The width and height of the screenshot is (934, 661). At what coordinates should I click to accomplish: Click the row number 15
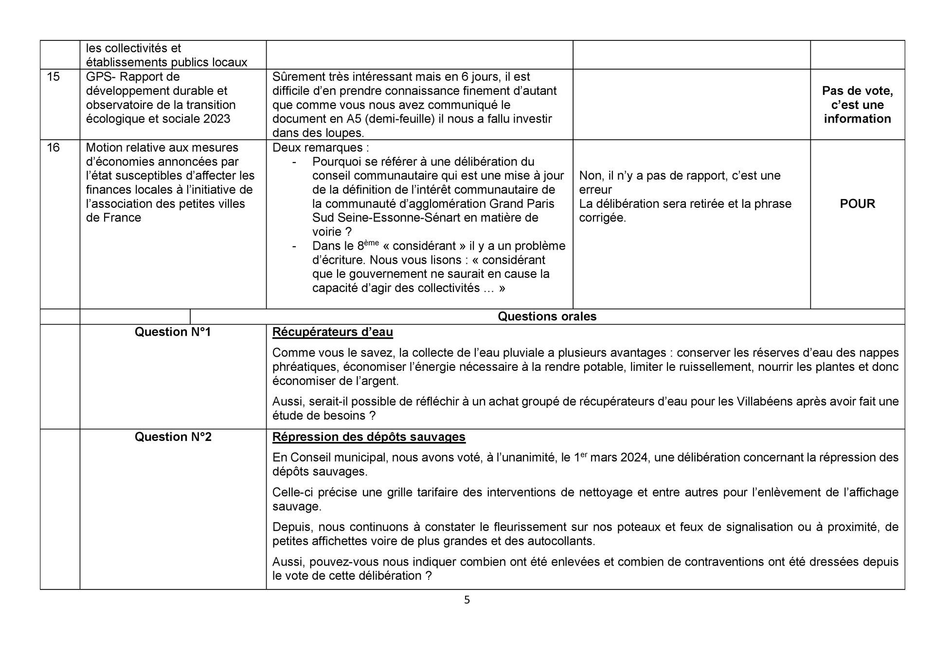point(53,77)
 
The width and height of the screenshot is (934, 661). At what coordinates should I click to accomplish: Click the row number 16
point(53,147)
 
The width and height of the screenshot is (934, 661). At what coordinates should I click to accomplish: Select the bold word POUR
point(857,204)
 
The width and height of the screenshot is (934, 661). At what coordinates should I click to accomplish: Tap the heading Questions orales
point(547,316)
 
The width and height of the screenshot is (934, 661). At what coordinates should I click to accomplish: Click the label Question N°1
point(173,332)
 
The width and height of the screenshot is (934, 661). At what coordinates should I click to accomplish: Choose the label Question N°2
point(173,437)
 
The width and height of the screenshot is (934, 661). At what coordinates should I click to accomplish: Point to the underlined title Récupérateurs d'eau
point(332,332)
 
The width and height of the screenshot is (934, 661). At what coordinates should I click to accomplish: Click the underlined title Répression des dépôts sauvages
point(369,437)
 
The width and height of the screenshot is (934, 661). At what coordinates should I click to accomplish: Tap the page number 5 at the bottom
point(467,600)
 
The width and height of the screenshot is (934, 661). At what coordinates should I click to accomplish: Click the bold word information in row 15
point(857,119)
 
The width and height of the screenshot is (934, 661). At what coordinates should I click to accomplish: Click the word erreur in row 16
point(595,190)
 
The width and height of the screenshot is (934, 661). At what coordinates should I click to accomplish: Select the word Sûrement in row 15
point(296,77)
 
